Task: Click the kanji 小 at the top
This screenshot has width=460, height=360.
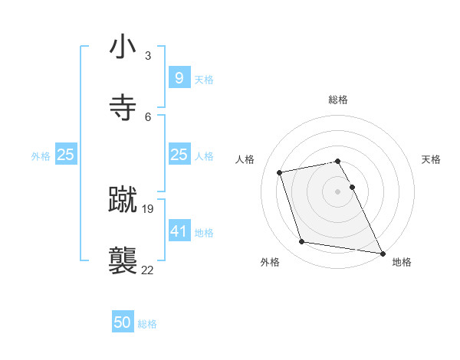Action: tap(123, 47)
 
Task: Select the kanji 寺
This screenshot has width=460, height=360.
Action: tap(123, 107)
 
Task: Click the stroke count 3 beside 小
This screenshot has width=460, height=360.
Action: tap(148, 56)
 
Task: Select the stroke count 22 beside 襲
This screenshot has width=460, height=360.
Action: tap(148, 270)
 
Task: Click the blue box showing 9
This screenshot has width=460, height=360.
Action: tap(179, 77)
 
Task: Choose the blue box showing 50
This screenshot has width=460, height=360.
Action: tap(123, 322)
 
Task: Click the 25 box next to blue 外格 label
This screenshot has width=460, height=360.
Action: tap(66, 155)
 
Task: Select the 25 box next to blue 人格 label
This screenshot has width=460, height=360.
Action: tap(179, 155)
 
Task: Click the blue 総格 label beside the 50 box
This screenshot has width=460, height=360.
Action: tap(147, 324)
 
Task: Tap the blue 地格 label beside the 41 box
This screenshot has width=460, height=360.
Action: tap(204, 232)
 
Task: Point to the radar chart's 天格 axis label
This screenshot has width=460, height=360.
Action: tap(431, 159)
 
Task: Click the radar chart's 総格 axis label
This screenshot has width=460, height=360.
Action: tap(338, 100)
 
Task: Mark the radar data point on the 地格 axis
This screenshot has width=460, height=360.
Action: tap(382, 252)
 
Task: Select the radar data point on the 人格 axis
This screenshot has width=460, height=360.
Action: tap(280, 172)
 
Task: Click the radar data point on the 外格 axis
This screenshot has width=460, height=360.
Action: tap(302, 242)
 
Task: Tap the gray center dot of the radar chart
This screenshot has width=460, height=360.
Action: tap(338, 191)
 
